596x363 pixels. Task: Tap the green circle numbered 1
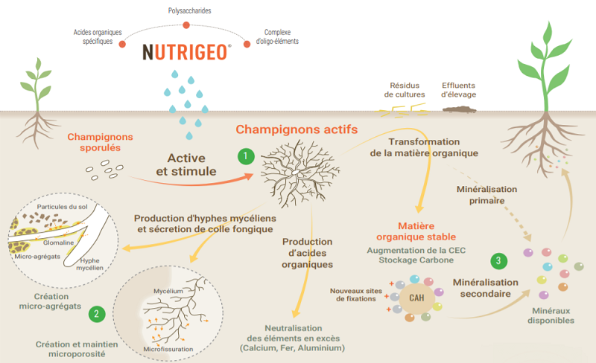(246, 156)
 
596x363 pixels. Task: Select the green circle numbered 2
(97, 314)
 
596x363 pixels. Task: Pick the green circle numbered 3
(498, 261)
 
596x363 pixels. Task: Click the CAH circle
(416, 298)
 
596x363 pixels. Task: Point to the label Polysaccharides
(190, 10)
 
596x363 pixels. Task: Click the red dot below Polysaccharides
(186, 25)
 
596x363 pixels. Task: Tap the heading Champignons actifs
(297, 129)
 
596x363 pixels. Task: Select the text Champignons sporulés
(101, 142)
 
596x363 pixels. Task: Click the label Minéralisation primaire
(487, 195)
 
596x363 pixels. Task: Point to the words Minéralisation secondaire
(486, 288)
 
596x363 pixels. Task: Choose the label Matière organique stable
(416, 231)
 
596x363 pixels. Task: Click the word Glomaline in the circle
(58, 242)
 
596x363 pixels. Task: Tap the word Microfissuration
(168, 349)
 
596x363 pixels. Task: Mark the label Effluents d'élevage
(458, 90)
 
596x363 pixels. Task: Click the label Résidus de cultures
(405, 90)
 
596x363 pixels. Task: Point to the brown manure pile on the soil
(459, 110)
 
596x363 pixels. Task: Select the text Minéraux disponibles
(551, 315)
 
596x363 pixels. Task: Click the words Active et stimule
(186, 164)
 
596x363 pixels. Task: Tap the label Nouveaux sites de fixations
(356, 295)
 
